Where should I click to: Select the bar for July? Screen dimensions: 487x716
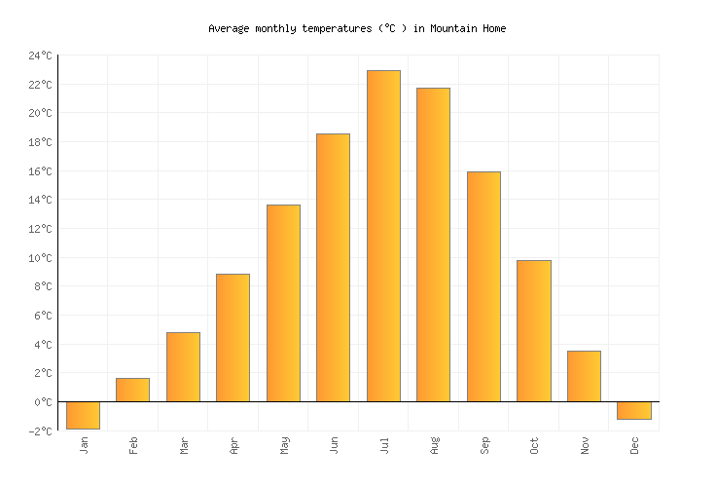(383, 236)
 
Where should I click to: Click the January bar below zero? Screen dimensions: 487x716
(83, 415)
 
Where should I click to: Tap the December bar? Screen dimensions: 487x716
(633, 410)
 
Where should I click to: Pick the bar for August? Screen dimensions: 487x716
(433, 244)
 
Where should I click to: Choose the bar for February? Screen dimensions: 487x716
(132, 390)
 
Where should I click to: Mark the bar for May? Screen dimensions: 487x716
(283, 303)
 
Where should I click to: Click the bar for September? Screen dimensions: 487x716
(483, 286)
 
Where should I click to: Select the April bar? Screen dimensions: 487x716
(233, 337)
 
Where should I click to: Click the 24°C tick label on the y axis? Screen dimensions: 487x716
(40, 56)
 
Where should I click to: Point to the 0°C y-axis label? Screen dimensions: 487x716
(43, 402)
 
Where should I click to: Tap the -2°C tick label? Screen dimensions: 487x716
(40, 431)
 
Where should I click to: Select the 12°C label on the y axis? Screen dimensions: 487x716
(40, 229)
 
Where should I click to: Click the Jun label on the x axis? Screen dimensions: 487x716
(334, 445)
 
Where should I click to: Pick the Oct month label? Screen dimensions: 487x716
(534, 445)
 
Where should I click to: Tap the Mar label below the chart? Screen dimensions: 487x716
(183, 445)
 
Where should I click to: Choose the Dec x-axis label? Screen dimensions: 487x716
(634, 445)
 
